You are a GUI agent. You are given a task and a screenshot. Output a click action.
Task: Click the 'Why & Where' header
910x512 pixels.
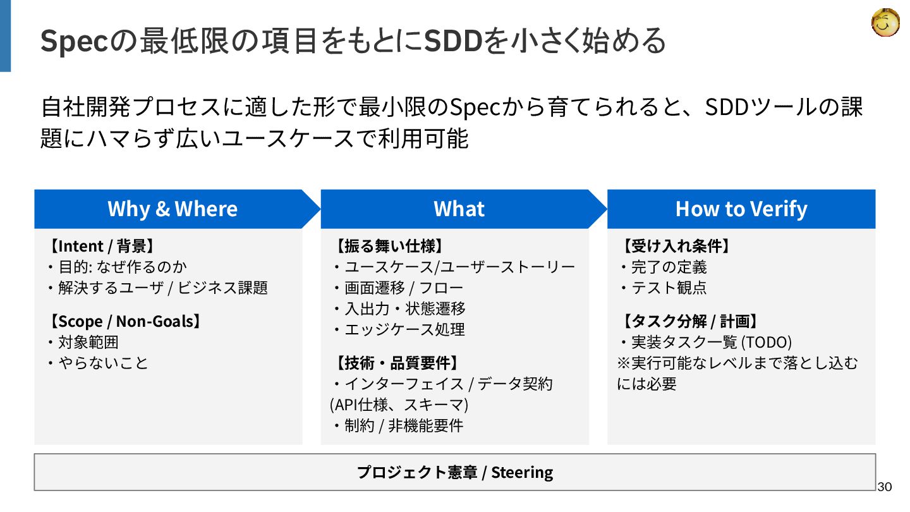click(x=173, y=209)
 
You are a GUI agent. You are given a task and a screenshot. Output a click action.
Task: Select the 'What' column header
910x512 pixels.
click(x=459, y=209)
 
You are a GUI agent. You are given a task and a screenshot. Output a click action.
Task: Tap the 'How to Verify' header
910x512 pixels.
click(x=741, y=209)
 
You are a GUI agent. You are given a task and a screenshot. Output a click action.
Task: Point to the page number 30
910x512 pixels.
click(x=884, y=487)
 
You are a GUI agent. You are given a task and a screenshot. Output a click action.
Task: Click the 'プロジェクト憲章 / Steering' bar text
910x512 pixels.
click(x=454, y=472)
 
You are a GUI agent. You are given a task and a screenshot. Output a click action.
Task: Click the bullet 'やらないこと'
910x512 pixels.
click(x=102, y=363)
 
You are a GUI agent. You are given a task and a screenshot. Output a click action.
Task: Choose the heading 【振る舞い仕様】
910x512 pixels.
click(x=388, y=246)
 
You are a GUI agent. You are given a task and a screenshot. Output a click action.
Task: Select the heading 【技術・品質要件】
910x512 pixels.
click(x=395, y=363)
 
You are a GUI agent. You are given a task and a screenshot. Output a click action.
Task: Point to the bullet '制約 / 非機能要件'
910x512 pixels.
click(x=403, y=425)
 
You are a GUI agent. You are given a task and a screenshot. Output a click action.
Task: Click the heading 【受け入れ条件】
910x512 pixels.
click(x=675, y=246)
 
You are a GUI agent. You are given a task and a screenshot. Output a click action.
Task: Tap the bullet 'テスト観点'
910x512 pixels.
click(x=669, y=288)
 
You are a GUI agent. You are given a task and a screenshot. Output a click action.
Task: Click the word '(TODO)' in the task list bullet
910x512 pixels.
click(x=766, y=342)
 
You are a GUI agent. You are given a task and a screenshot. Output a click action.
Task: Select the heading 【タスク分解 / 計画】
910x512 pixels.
click(x=689, y=321)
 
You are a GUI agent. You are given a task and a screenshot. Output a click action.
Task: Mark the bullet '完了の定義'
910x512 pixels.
click(x=669, y=267)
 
